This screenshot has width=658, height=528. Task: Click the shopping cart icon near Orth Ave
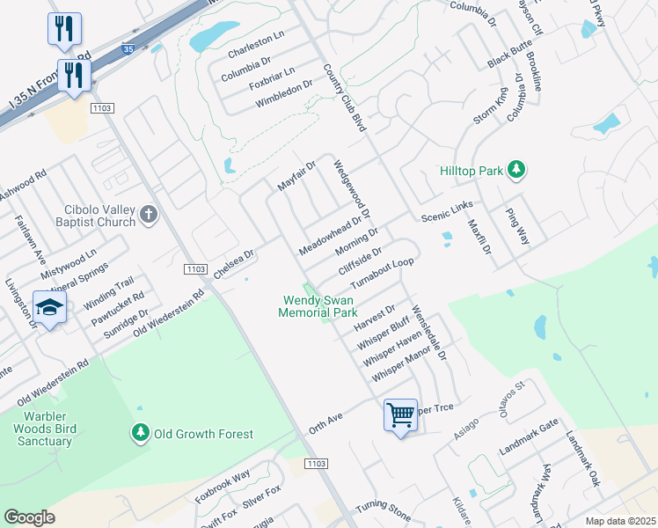(400, 414)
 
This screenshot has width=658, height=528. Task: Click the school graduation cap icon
(49, 308)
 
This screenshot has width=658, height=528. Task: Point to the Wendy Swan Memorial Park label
(318, 306)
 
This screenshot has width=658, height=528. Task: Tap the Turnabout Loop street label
(382, 274)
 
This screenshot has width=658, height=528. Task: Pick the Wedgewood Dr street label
(352, 188)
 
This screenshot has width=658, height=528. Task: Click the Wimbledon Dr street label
(284, 93)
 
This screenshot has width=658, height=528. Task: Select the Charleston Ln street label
(255, 49)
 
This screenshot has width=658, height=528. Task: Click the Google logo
(29, 517)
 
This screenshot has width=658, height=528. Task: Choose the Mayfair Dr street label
(296, 179)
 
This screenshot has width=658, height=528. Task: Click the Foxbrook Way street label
(223, 486)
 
